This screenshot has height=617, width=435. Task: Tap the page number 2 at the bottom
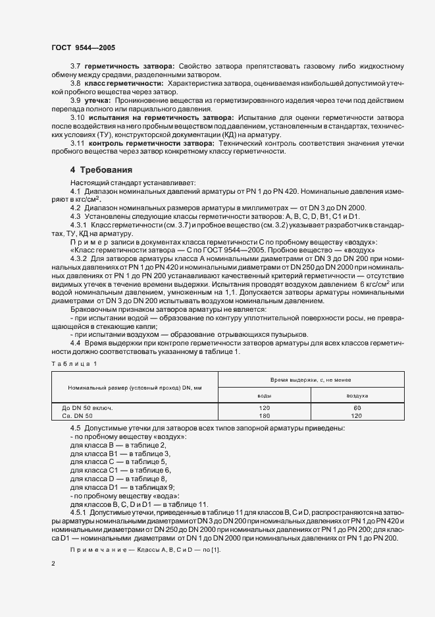click(x=54, y=564)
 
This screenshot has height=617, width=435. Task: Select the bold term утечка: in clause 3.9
click(x=99, y=100)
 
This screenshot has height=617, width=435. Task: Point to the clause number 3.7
click(x=76, y=67)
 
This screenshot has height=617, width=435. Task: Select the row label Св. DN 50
click(x=78, y=416)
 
